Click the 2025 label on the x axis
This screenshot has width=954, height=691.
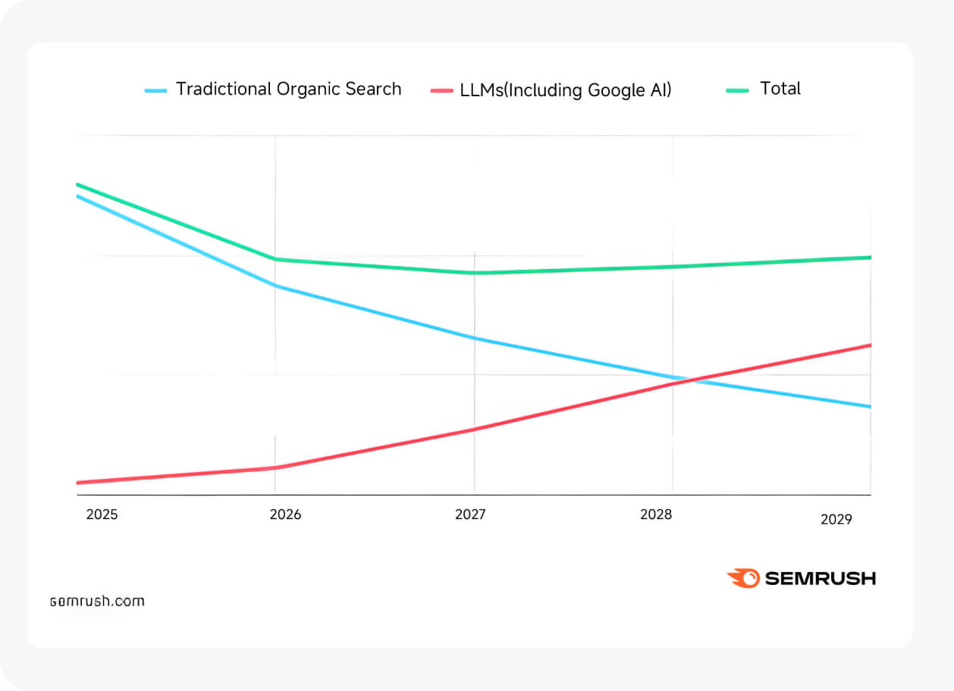(102, 514)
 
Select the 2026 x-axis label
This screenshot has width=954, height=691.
(285, 514)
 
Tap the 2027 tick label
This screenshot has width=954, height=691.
(471, 514)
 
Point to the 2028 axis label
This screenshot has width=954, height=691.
(656, 514)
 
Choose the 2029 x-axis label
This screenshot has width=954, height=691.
(836, 520)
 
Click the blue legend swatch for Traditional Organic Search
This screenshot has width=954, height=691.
(155, 90)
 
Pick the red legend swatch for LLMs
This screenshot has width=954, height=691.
(441, 90)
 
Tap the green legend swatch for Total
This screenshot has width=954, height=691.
(737, 90)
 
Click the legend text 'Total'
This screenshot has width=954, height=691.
(780, 89)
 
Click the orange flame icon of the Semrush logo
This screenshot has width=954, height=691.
(742, 578)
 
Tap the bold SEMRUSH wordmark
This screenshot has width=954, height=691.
(820, 578)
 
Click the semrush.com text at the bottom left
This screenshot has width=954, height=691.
(97, 602)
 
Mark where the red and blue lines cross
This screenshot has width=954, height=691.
(689, 380)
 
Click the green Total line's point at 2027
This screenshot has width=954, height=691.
(475, 273)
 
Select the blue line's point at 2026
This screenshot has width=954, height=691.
(275, 286)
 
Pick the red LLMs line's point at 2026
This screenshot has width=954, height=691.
(275, 467)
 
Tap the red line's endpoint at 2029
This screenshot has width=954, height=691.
(870, 345)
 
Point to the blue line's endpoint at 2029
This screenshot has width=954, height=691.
(870, 407)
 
